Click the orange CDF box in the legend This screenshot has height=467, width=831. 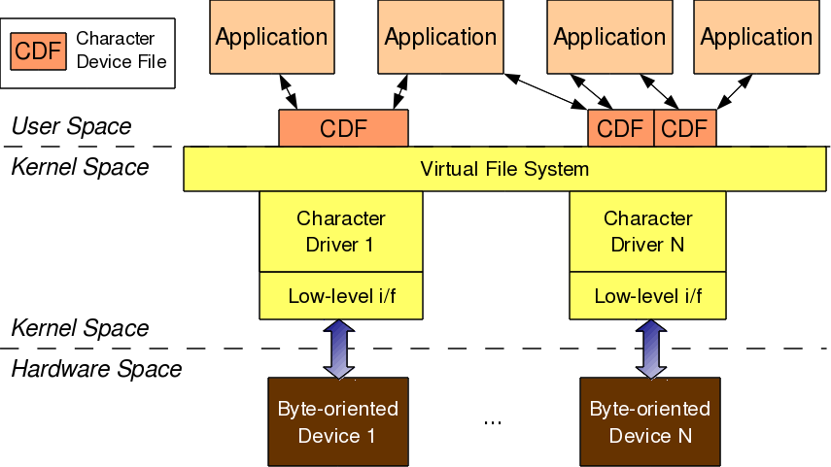pyautogui.click(x=39, y=51)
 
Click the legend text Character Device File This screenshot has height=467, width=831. pyautogui.click(x=121, y=50)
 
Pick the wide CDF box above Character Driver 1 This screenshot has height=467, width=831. pyautogui.click(x=343, y=128)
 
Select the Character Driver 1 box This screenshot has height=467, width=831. pyautogui.click(x=341, y=232)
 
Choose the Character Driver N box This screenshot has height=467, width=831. pyautogui.click(x=648, y=232)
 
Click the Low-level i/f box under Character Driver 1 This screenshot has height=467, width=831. pyautogui.click(x=341, y=296)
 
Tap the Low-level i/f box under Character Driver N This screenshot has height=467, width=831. pyautogui.click(x=648, y=296)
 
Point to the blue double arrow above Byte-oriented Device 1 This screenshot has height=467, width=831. pyautogui.click(x=339, y=349)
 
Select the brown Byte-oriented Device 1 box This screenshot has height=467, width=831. pyautogui.click(x=337, y=421)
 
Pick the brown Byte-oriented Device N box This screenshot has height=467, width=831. pyautogui.click(x=648, y=421)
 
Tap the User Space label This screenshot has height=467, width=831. pyautogui.click(x=71, y=126)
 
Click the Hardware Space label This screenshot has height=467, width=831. pyautogui.click(x=96, y=369)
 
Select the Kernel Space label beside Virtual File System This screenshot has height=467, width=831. pyautogui.click(x=80, y=167)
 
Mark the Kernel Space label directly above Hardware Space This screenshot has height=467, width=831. pyautogui.click(x=80, y=328)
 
